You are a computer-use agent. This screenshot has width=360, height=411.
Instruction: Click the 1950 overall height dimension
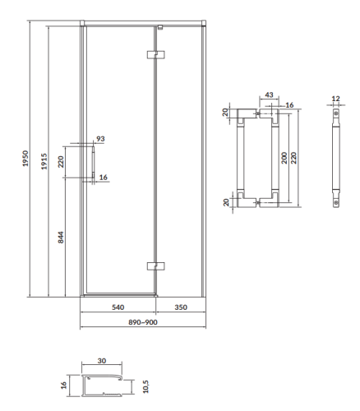(25, 159)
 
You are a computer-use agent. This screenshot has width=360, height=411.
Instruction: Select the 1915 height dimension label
(44, 161)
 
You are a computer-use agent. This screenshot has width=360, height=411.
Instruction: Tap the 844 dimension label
(61, 238)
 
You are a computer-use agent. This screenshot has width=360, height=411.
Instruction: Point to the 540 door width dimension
(118, 307)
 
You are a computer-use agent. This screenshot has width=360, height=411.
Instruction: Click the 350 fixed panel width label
(181, 307)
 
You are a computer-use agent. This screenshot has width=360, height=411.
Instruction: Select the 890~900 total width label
(143, 322)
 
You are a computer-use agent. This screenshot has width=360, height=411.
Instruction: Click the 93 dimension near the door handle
(100, 139)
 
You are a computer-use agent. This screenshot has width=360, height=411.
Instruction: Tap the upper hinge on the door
(155, 54)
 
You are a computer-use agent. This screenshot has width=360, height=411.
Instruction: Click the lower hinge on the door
(155, 266)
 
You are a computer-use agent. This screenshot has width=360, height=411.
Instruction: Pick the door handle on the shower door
(94, 162)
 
